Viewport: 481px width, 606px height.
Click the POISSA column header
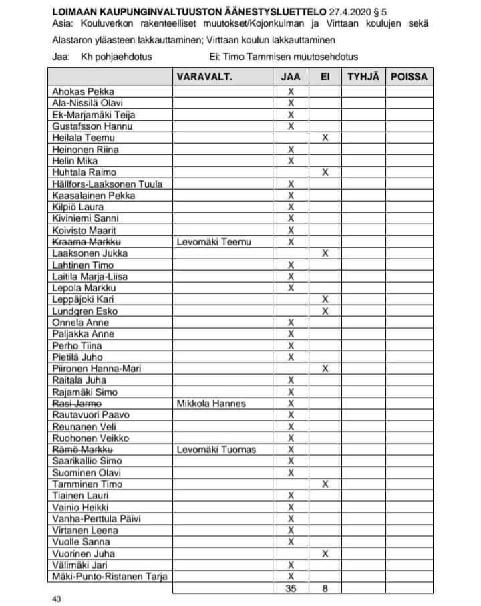tap(409, 77)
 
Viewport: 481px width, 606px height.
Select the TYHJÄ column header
tap(363, 77)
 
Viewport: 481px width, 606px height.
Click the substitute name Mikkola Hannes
tap(211, 403)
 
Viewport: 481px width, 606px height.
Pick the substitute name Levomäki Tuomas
tap(216, 449)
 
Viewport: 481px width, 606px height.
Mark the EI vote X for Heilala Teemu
tap(325, 138)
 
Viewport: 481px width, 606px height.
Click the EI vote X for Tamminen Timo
tap(325, 484)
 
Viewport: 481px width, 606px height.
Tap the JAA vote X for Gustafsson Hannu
tap(291, 126)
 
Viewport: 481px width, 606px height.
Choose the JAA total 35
tap(291, 589)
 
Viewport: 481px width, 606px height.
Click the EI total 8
tap(325, 589)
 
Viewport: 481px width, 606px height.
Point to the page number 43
tap(56, 599)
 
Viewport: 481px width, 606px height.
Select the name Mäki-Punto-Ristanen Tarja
tap(110, 576)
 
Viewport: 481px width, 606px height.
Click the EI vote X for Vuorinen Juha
tap(325, 553)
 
